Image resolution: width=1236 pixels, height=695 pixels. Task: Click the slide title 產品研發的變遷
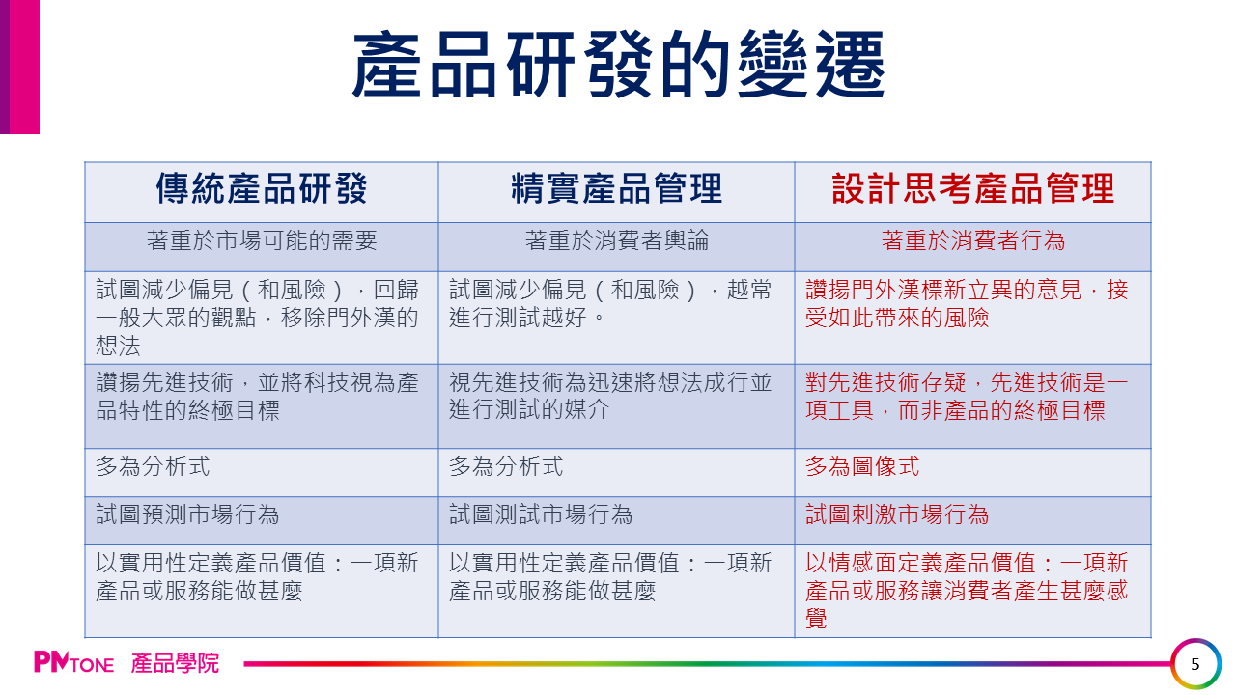point(618,66)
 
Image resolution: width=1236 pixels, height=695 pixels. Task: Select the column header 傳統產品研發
point(262,189)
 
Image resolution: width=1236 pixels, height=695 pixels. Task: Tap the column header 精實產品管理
point(616,189)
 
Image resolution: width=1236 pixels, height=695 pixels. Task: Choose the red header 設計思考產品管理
point(972,189)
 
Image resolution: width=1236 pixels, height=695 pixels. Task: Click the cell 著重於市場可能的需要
point(262,241)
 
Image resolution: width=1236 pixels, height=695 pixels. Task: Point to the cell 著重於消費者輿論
point(616,241)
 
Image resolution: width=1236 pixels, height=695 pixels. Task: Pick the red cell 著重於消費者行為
point(972,241)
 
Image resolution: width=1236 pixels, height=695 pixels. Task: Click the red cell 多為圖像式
point(862,467)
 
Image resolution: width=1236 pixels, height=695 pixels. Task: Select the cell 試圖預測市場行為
point(187,515)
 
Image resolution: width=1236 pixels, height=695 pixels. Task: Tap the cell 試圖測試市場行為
point(541,515)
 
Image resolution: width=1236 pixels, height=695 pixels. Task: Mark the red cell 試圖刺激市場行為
point(897,515)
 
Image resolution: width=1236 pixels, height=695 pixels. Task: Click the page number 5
point(1195,664)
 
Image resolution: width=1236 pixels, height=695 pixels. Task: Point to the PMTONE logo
point(73,663)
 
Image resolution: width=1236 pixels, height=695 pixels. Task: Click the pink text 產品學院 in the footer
point(175,663)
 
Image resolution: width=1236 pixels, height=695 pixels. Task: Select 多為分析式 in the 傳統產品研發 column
point(153,467)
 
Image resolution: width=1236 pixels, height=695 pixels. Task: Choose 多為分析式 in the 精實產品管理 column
point(506,467)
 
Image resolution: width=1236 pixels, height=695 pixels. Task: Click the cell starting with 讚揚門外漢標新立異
point(966,303)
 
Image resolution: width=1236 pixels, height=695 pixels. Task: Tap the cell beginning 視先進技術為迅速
point(610,396)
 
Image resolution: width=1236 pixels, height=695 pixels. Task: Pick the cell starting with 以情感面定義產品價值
point(966,590)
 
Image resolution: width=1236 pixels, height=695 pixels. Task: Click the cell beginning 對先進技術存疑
point(966,396)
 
